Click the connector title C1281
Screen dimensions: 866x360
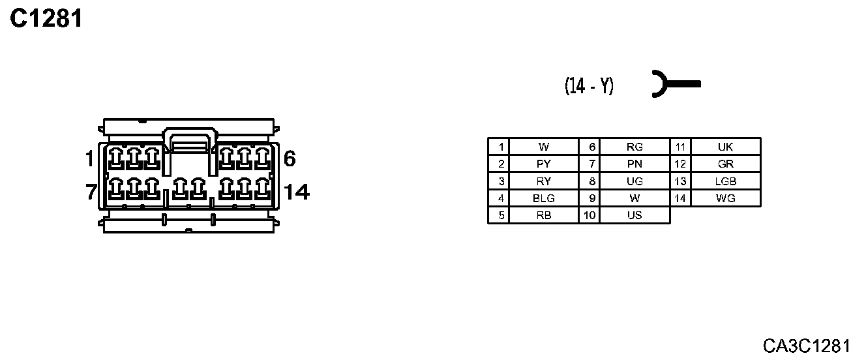[47, 20]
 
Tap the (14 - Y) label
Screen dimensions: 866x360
[589, 85]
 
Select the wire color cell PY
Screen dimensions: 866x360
[543, 164]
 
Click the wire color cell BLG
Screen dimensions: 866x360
[543, 198]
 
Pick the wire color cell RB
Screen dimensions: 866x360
[543, 215]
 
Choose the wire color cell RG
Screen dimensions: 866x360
[634, 147]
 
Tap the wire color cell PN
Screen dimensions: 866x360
[634, 164]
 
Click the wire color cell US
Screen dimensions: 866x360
[634, 215]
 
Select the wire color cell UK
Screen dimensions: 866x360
[725, 147]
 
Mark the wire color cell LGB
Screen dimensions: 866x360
[725, 181]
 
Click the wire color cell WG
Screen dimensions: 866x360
[725, 198]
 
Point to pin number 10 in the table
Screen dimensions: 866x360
[589, 215]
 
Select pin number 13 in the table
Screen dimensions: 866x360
[680, 181]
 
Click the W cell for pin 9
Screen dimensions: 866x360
[634, 198]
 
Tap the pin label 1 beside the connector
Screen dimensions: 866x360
[89, 158]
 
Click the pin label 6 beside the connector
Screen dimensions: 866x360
[290, 158]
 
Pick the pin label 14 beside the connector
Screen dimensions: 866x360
[297, 192]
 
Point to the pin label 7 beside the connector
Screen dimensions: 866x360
[91, 192]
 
